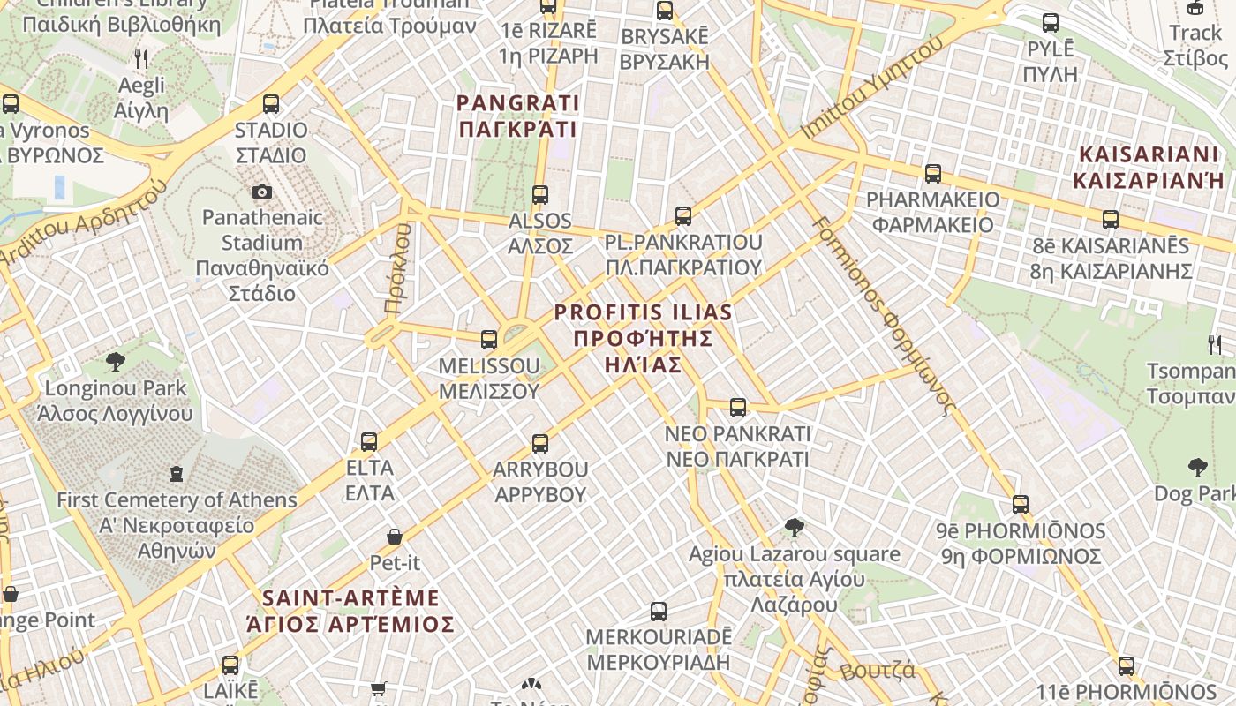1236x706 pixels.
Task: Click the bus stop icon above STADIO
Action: pyautogui.click(x=271, y=104)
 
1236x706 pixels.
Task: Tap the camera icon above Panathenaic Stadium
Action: pyautogui.click(x=262, y=192)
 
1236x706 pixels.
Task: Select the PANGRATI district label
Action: pyautogui.click(x=517, y=116)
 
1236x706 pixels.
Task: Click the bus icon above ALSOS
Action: pyautogui.click(x=540, y=195)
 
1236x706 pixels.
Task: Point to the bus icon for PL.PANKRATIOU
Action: pyautogui.click(x=682, y=216)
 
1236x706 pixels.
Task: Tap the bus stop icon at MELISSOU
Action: pyautogui.click(x=488, y=340)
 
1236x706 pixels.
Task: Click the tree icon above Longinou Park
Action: pyautogui.click(x=115, y=361)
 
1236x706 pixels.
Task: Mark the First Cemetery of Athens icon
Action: pyautogui.click(x=177, y=474)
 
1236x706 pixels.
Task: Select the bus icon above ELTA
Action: pyautogui.click(x=369, y=441)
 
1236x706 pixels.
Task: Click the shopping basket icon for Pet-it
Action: pyautogui.click(x=395, y=537)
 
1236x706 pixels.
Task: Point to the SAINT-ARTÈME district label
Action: pyautogui.click(x=350, y=611)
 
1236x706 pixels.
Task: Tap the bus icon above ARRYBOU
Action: pyautogui.click(x=540, y=443)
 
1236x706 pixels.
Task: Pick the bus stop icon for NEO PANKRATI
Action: pyautogui.click(x=738, y=408)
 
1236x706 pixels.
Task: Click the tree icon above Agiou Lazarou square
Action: pyautogui.click(x=794, y=528)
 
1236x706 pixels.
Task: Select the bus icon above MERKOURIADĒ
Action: pyautogui.click(x=659, y=611)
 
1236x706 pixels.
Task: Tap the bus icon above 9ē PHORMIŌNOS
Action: pyautogui.click(x=1021, y=505)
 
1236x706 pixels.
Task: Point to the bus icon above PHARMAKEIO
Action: pyautogui.click(x=933, y=174)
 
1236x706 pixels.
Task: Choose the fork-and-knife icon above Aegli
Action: pyautogui.click(x=141, y=59)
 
